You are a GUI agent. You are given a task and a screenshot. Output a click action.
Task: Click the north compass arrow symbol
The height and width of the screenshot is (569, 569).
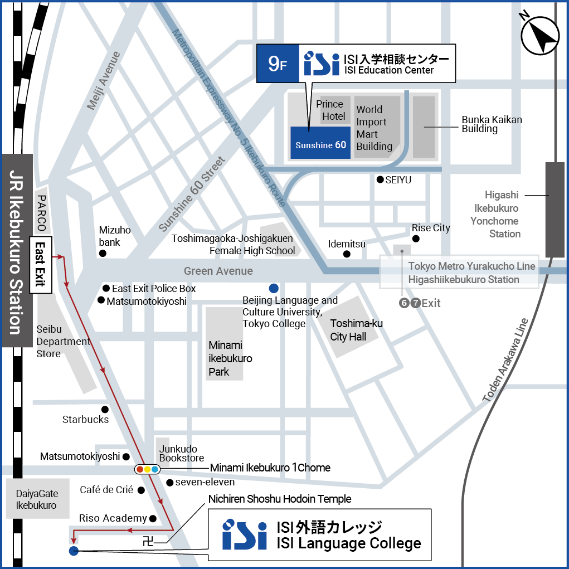point(540,35)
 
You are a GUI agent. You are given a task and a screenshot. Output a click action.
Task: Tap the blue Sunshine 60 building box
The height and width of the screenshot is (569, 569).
point(320,143)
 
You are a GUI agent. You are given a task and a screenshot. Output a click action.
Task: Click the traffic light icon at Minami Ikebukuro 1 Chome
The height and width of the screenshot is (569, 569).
point(148,469)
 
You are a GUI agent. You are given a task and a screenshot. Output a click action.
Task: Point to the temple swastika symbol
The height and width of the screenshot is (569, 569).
point(148,539)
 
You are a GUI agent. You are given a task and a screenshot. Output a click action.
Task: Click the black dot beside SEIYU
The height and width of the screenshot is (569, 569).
point(380,179)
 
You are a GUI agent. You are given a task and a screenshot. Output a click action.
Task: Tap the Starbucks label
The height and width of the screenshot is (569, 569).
point(85,420)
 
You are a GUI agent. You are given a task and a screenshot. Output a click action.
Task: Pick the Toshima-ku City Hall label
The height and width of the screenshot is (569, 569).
point(357,330)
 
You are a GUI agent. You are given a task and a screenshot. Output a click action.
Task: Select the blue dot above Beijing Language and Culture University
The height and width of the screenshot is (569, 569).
point(273,288)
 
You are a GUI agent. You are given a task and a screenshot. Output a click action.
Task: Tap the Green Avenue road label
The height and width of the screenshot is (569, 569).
point(218,271)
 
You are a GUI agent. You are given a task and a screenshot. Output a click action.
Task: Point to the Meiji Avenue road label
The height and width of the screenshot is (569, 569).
point(104,80)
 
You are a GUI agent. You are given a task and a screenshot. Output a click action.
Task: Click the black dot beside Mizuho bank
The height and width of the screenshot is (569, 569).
point(103,254)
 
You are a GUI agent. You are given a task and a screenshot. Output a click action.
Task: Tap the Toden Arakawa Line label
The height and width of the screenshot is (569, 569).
point(505,361)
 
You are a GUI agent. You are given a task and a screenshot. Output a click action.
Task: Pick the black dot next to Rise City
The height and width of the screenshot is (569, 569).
point(416,239)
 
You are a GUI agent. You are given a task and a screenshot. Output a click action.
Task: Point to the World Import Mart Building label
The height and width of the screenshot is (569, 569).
point(375,128)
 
